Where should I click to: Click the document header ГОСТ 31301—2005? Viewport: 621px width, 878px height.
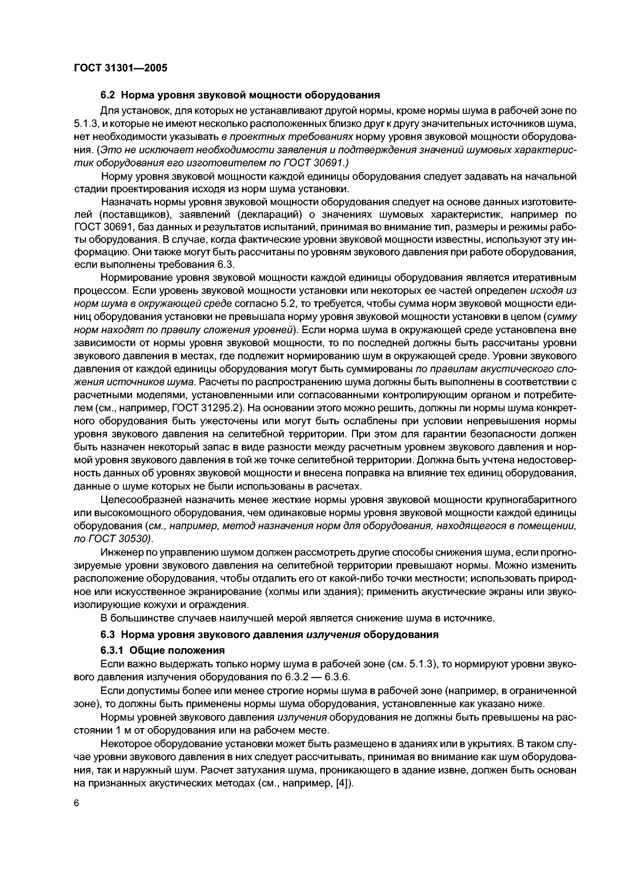point(120,68)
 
